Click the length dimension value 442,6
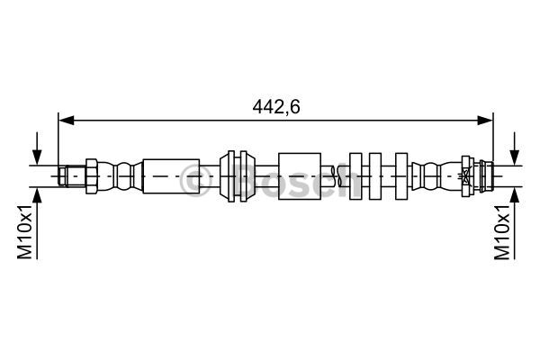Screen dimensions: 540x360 point(276,107)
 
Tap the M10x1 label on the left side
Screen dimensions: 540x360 point(25,230)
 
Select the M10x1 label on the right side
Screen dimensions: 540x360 point(502,230)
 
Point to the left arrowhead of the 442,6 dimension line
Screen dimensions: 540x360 point(67,121)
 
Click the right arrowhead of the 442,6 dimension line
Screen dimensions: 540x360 point(485,121)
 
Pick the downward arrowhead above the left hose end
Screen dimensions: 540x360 point(37,157)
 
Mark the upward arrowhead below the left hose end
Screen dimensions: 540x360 point(37,195)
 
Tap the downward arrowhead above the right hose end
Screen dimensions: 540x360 point(515,157)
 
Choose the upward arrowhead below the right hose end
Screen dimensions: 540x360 point(515,195)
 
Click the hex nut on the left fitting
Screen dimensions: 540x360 point(91,176)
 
